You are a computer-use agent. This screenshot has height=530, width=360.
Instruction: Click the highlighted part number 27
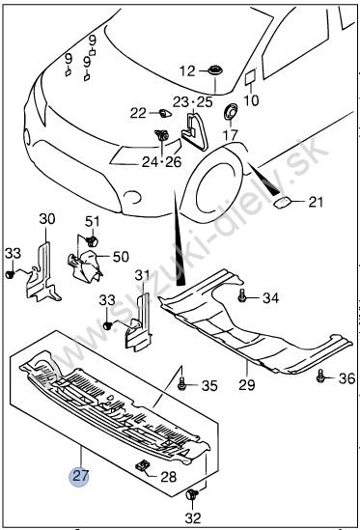(x=80, y=476)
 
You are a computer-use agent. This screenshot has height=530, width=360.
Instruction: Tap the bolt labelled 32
(x=192, y=495)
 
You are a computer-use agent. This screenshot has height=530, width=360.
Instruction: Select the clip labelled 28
(x=143, y=466)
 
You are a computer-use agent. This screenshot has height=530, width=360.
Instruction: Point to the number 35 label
(x=209, y=385)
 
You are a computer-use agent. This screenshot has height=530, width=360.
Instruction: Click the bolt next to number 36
(x=320, y=376)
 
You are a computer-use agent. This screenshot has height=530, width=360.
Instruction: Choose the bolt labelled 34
(x=241, y=295)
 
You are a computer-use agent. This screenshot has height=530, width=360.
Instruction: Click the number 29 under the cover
(x=246, y=384)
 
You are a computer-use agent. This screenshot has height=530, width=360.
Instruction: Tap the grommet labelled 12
(x=213, y=70)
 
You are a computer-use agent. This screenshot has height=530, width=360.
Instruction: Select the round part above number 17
(x=231, y=112)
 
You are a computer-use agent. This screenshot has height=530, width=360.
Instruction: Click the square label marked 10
(x=251, y=76)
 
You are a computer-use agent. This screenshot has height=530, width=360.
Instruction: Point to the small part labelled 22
(x=165, y=113)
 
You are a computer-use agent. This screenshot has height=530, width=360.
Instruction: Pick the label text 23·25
(x=193, y=101)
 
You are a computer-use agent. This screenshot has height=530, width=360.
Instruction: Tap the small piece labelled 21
(x=282, y=203)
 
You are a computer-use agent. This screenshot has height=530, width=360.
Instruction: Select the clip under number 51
(x=92, y=240)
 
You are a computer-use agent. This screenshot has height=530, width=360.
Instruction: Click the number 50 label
(x=121, y=257)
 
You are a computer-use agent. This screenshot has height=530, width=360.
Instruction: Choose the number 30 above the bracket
(x=47, y=219)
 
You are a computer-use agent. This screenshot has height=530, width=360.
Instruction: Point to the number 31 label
(x=142, y=275)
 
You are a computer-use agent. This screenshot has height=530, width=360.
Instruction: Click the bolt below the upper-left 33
(x=10, y=274)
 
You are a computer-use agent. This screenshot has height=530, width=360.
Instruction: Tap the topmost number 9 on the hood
(x=93, y=41)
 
